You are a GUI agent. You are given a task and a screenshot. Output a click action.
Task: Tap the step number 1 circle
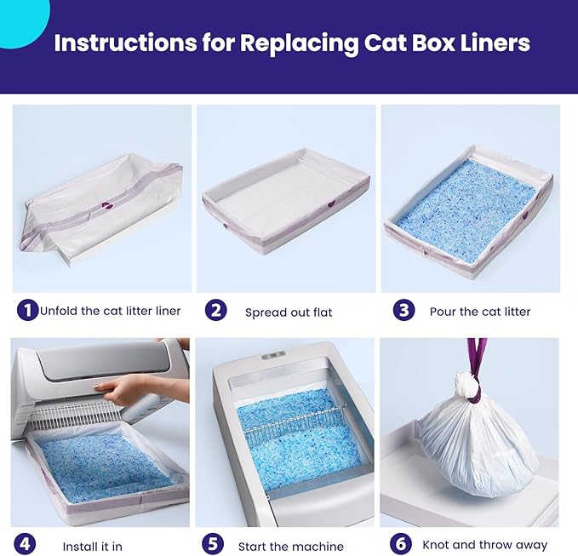pos(27,310)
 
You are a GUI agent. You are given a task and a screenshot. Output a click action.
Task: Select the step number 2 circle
pos(215,310)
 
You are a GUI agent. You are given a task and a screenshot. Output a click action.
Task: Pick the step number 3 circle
pos(403,310)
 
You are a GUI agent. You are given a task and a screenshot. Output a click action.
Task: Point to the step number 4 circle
pos(25,544)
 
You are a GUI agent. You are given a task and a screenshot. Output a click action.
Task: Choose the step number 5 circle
pos(213,544)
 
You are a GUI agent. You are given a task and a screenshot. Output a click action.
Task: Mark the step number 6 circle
pos(400,544)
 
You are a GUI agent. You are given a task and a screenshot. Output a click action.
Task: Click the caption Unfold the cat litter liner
pos(111,311)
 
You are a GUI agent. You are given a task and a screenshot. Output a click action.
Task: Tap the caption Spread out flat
pos(289,312)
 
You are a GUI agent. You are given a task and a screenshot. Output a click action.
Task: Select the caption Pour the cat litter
pos(480,312)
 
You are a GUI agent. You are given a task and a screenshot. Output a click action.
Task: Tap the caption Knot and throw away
pos(485,545)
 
